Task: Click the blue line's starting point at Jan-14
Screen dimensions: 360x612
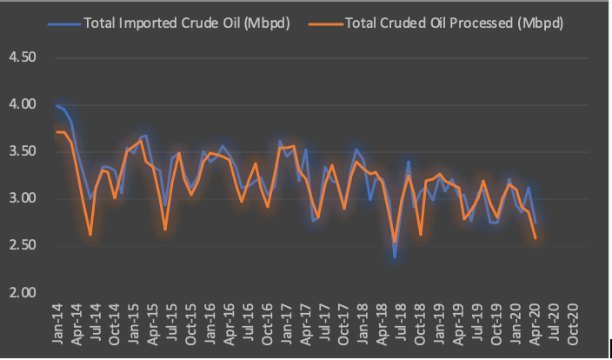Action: (57, 106)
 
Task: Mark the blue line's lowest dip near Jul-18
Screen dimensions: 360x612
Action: (395, 257)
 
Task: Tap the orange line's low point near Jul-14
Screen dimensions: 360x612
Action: (90, 234)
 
